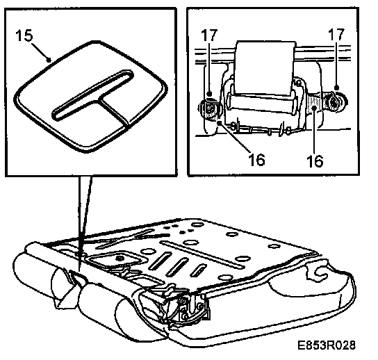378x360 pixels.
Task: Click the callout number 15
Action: (24, 35)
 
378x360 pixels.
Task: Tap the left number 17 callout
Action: (209, 35)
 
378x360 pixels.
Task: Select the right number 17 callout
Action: (336, 34)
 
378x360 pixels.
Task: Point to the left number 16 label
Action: (256, 160)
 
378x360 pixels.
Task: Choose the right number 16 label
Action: (315, 161)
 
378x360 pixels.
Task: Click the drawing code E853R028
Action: (327, 345)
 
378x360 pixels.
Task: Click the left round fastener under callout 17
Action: (208, 109)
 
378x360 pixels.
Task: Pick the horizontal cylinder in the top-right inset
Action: (261, 104)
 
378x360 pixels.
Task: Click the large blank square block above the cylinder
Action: (265, 69)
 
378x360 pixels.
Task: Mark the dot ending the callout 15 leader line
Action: (49, 60)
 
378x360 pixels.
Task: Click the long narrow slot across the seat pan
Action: (202, 254)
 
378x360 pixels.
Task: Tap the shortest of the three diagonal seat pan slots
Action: (198, 270)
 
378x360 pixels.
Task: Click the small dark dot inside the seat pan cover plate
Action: (119, 259)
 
